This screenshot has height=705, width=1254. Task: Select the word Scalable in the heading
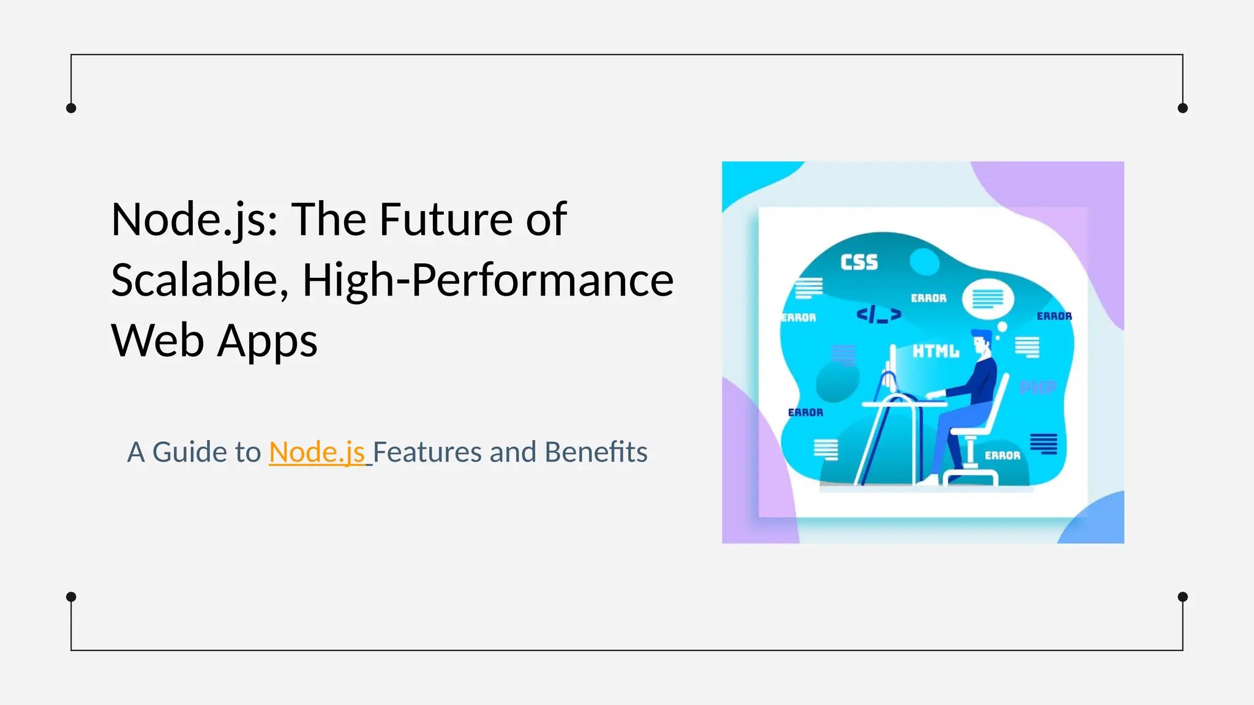(195, 280)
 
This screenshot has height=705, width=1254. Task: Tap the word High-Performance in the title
(488, 280)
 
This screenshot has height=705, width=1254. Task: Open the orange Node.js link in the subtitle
(317, 452)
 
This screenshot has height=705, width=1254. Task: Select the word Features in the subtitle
(427, 452)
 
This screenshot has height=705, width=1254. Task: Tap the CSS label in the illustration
(859, 263)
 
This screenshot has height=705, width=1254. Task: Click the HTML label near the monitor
(936, 351)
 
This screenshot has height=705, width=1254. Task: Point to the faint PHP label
(1038, 387)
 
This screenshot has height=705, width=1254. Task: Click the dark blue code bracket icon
(879, 315)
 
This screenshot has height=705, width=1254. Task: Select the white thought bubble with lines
(988, 299)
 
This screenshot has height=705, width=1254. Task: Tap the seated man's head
(982, 343)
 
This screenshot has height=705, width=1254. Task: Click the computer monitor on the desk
(892, 368)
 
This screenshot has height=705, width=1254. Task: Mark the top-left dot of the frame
(71, 108)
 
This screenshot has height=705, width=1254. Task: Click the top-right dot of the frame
(1182, 108)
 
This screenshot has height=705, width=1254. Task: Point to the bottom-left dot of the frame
(71, 597)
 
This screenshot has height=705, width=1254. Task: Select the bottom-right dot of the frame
(1182, 597)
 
